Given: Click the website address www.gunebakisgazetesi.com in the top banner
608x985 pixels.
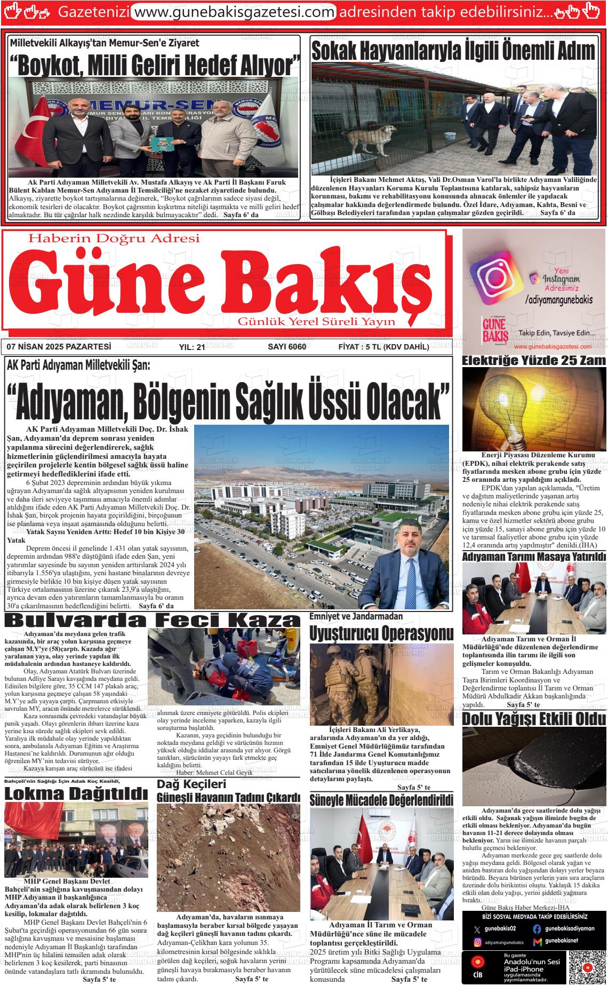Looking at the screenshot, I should (x=233, y=11).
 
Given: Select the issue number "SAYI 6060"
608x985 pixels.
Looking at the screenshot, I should (x=286, y=347).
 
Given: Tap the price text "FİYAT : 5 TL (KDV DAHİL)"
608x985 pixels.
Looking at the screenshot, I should (x=383, y=347).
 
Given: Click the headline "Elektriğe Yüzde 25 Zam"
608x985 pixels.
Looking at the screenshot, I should (x=533, y=360).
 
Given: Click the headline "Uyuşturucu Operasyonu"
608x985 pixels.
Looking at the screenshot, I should (x=381, y=633).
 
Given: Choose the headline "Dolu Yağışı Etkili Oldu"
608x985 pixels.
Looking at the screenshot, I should (x=534, y=718).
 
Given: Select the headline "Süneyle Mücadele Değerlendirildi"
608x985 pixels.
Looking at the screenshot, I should (x=381, y=800).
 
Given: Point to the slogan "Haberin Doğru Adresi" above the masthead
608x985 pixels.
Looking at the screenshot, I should (x=114, y=239).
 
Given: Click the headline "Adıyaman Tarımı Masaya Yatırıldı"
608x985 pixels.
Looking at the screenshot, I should (x=534, y=557).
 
